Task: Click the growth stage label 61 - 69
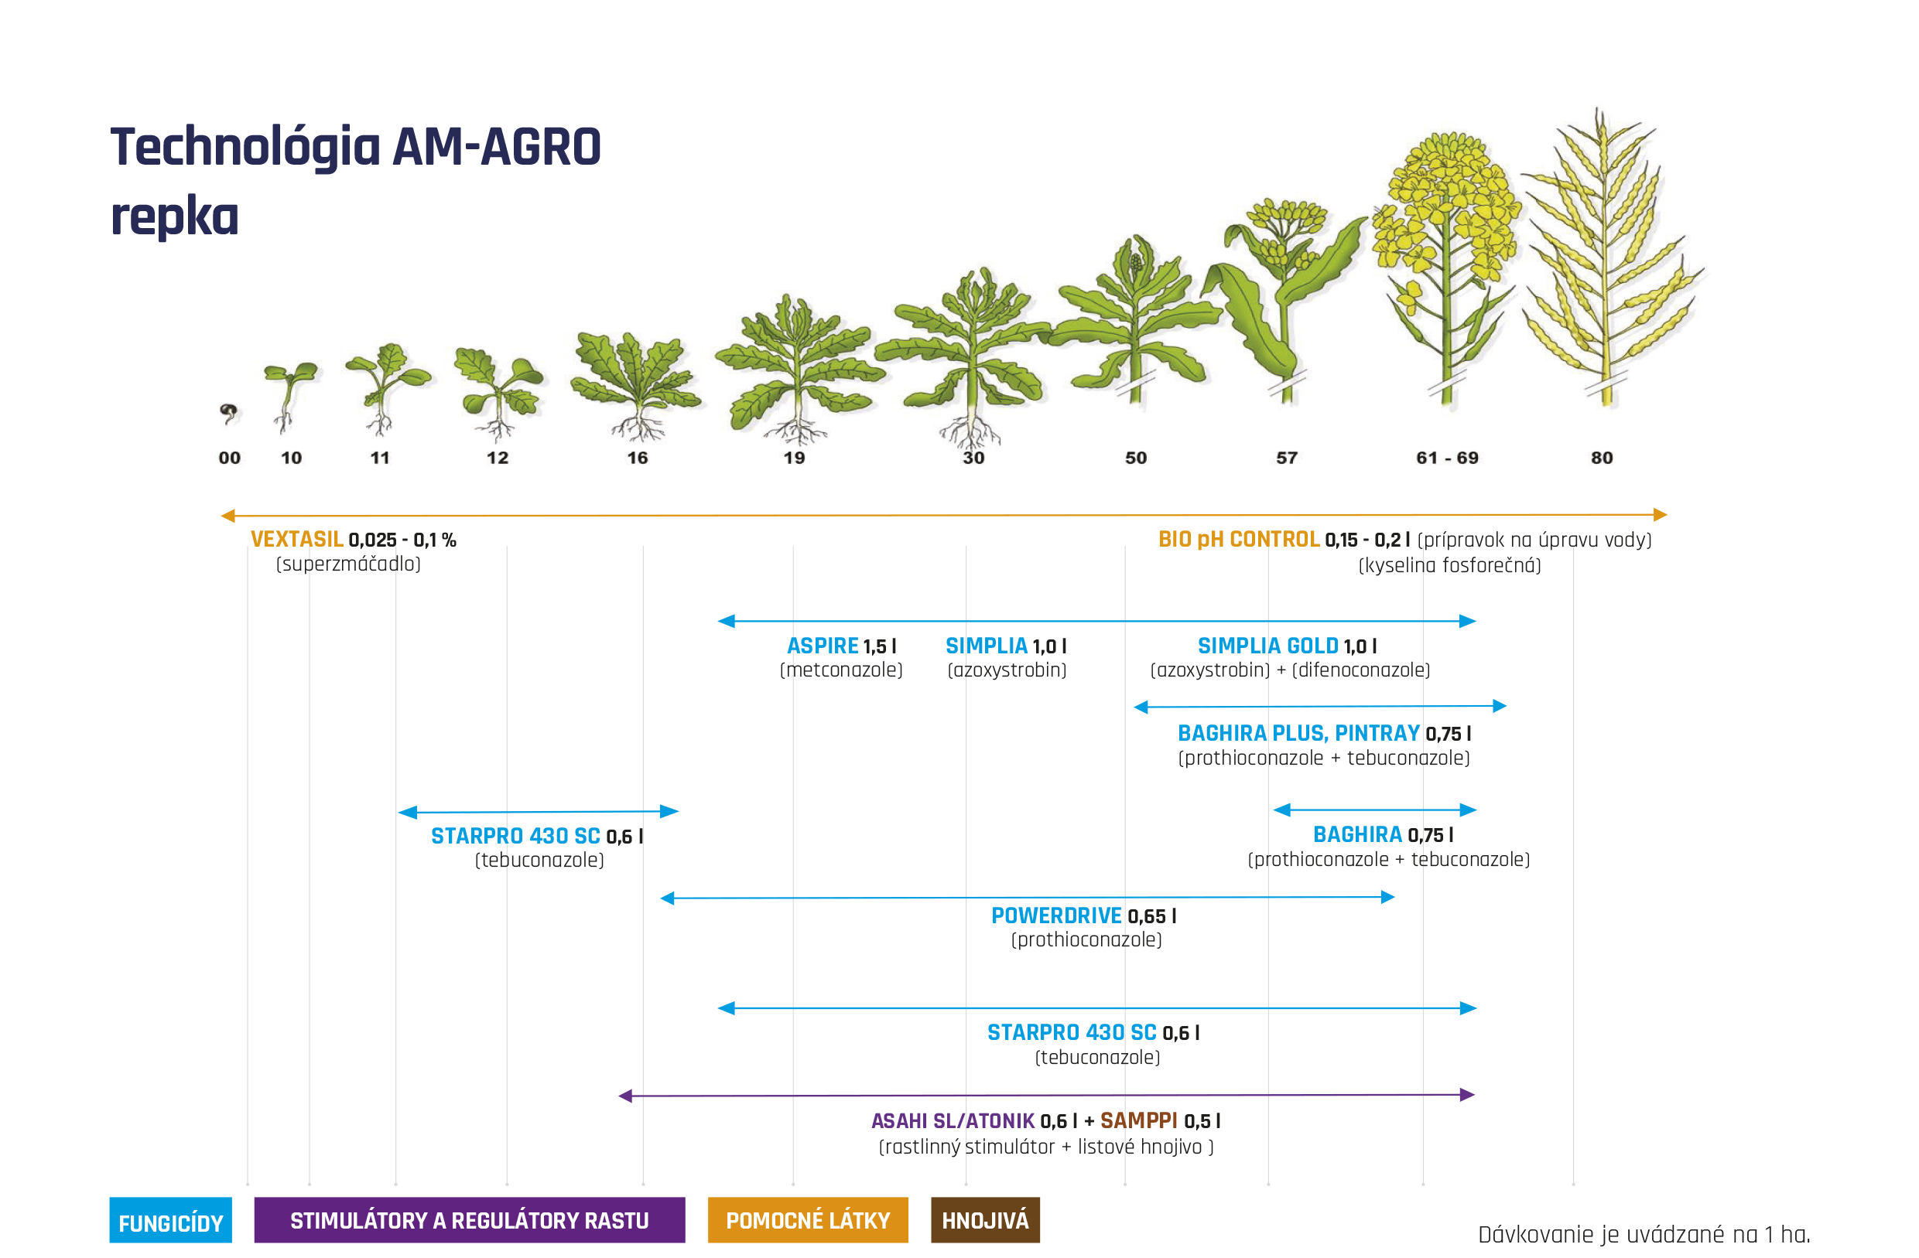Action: pos(1447,458)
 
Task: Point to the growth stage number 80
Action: pos(1602,458)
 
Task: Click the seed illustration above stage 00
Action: pos(229,414)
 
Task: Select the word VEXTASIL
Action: pos(296,539)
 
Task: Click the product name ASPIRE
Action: pos(823,646)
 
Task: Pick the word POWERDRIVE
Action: pos(1056,915)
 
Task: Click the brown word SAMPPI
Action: pos(1138,1120)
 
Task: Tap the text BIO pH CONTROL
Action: pos(1239,539)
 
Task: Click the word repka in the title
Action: pos(175,216)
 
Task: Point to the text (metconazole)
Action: pos(841,670)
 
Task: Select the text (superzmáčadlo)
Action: pos(348,564)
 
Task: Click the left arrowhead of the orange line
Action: pos(228,516)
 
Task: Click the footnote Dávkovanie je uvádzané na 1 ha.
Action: pos(1645,1234)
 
